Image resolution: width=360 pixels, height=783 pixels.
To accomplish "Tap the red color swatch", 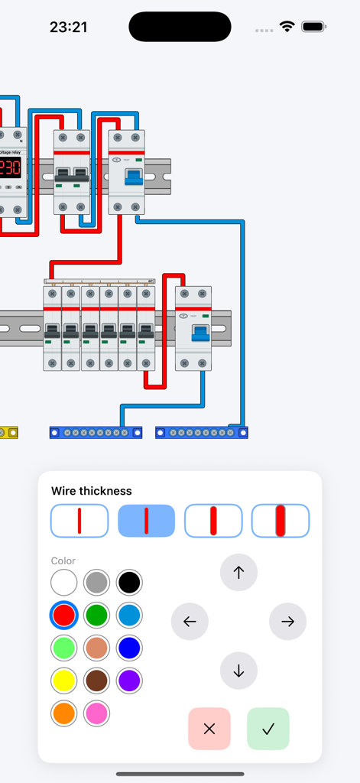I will [x=64, y=615].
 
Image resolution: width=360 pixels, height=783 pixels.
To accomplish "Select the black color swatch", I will [x=129, y=583].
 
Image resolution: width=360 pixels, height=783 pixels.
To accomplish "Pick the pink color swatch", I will [x=97, y=713].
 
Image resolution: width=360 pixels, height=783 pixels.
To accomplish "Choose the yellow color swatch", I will [x=64, y=680].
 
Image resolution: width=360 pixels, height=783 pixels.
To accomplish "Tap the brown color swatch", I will [x=97, y=680].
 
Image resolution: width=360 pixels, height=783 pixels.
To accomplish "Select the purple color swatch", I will [x=129, y=680].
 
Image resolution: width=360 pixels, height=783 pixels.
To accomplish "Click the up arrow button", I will [x=238, y=572].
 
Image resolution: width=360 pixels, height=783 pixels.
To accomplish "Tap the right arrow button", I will [x=287, y=622].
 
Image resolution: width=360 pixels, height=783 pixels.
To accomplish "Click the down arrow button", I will [x=238, y=671].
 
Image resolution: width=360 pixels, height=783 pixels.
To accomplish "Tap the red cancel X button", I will [x=209, y=729].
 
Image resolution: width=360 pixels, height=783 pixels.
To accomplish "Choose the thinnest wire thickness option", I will [x=79, y=521].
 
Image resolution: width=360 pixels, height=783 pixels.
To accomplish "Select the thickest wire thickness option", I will [x=281, y=521].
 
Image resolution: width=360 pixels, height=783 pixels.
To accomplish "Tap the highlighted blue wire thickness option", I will [x=146, y=521].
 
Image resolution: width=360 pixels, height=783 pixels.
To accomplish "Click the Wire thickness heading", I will [x=92, y=491].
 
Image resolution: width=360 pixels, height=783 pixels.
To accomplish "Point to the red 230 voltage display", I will [x=10, y=167].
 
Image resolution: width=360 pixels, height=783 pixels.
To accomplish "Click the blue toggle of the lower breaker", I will [x=201, y=333].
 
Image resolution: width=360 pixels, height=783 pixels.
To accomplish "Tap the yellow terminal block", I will [x=9, y=433].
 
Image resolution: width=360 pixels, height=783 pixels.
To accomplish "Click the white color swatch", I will [x=64, y=583].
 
